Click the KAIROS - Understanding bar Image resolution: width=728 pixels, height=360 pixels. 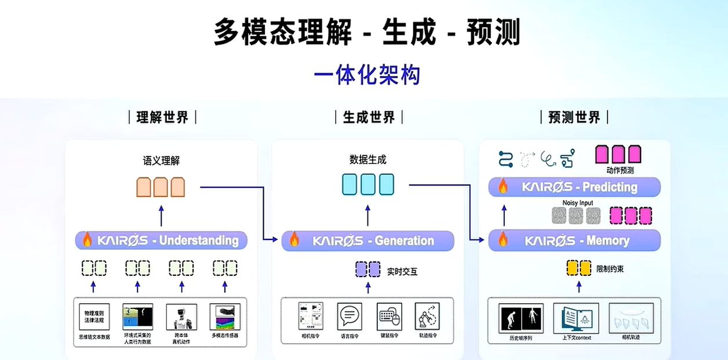pyautogui.click(x=161, y=240)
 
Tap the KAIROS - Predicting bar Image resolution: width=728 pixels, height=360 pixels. pyautogui.click(x=574, y=187)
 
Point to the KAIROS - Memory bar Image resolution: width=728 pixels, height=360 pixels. pyautogui.click(x=574, y=240)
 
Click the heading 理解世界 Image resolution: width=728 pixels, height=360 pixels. pyautogui.click(x=162, y=117)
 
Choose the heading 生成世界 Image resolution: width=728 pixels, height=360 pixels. pyautogui.click(x=369, y=117)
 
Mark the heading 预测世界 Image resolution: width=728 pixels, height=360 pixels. pyautogui.click(x=574, y=117)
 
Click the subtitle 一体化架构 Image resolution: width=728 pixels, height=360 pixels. pyautogui.click(x=366, y=75)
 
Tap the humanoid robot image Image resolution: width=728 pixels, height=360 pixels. pyautogui.click(x=181, y=317)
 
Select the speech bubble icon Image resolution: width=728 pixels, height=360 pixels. pyautogui.click(x=350, y=316)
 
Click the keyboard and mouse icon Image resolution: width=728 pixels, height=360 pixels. pyautogui.click(x=389, y=317)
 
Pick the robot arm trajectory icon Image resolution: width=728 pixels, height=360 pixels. pyautogui.click(x=428, y=316)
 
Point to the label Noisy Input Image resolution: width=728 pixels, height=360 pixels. pyautogui.click(x=577, y=203)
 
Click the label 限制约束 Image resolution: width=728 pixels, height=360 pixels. pyautogui.click(x=610, y=269)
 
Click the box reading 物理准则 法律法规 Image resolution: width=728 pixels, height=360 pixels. pyautogui.click(x=94, y=317)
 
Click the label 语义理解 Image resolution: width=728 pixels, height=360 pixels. pyautogui.click(x=161, y=161)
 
